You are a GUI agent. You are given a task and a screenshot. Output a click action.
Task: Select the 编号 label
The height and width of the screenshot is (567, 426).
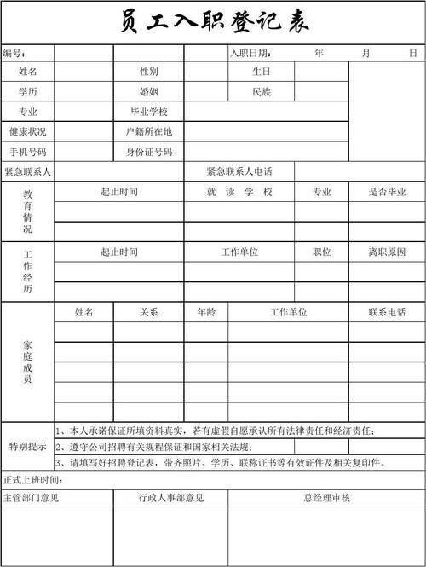[14, 54]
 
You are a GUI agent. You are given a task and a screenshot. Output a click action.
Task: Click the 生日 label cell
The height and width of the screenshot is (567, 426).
[261, 72]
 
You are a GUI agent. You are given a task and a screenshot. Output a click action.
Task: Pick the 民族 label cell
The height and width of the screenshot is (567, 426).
[261, 91]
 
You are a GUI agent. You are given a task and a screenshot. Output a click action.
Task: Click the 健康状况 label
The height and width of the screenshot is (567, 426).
[28, 132]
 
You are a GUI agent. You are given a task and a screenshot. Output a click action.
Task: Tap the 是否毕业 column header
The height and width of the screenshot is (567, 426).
[387, 192]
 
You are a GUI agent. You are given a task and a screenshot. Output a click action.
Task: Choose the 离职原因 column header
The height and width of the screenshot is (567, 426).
[387, 252]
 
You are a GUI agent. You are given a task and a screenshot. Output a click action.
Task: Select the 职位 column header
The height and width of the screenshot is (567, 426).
[321, 252]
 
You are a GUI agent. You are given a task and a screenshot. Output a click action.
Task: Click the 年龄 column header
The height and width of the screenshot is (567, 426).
[206, 312]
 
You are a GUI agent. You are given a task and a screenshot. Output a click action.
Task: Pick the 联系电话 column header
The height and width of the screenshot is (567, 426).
[387, 312]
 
